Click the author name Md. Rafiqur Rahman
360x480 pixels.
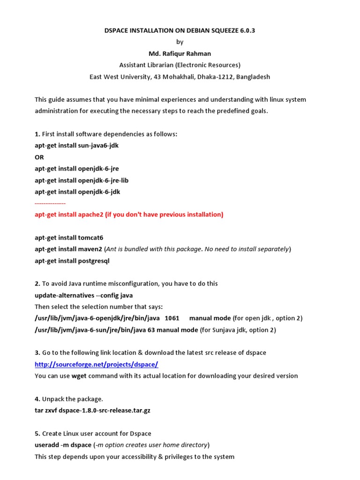tap(180, 53)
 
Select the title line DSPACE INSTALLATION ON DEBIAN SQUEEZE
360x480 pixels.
tap(180, 30)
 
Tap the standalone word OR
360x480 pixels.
tap(39, 157)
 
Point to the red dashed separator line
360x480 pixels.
tap(50, 203)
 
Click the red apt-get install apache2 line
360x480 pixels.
tap(129, 215)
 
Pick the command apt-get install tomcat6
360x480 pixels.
tap(68, 238)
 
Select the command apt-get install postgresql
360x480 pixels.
tap(72, 261)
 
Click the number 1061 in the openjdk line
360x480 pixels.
tap(172, 318)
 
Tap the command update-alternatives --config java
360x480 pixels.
tap(83, 295)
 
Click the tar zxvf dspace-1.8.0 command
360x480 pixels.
tap(92, 410)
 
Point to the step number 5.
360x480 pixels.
tap(37, 433)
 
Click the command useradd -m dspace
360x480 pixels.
tap(63, 445)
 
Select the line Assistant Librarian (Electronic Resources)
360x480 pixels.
tap(180, 65)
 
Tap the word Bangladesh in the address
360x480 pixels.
tap(251, 76)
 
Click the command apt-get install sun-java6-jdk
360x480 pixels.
tap(76, 145)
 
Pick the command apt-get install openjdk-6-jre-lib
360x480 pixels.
tap(82, 180)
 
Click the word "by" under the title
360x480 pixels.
tap(180, 42)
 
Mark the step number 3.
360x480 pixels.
tap(37, 352)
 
